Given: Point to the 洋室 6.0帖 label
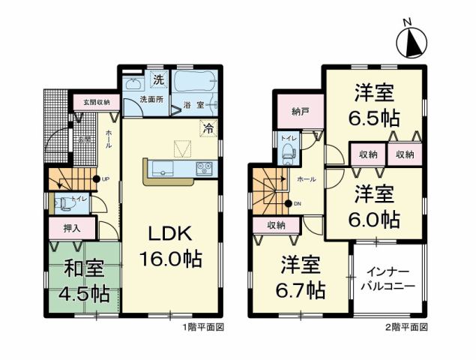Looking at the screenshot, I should click(x=376, y=207).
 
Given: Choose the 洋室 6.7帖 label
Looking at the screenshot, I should click(x=302, y=276).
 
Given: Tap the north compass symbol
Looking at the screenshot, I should click(x=414, y=41).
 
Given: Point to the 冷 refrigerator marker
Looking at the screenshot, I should click(x=206, y=127).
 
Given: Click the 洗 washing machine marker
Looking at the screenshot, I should click(x=158, y=80).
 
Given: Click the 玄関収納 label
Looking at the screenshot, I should click(x=96, y=102).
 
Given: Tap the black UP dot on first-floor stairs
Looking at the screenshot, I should click(x=96, y=178).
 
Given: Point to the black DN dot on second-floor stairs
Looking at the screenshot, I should click(x=288, y=203).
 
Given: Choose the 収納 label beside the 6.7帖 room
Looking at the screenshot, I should click(x=275, y=225).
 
